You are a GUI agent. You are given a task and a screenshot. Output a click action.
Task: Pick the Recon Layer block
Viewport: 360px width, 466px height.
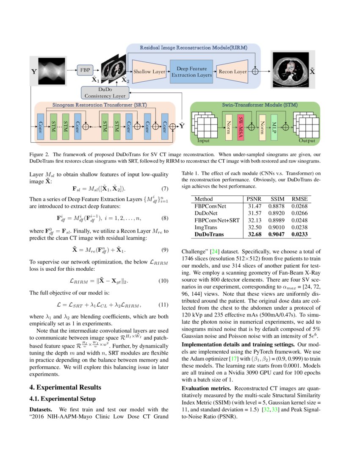pyautogui.click(x=232, y=72)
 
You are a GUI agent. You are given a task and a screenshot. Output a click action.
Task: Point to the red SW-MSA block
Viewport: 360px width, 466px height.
pyautogui.click(x=240, y=126)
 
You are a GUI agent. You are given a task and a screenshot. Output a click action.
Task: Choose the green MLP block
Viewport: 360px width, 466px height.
pyautogui.click(x=274, y=126)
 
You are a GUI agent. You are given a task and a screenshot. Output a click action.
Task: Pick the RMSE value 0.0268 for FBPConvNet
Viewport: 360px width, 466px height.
pyautogui.click(x=300, y=206)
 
